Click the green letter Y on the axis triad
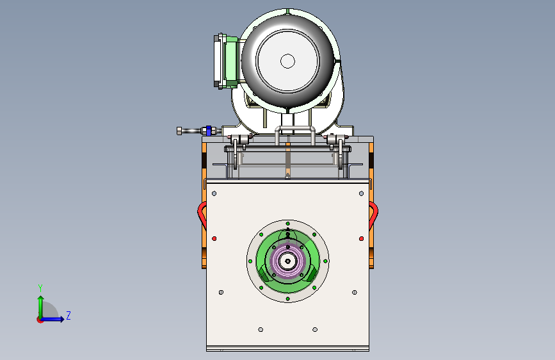[40, 288]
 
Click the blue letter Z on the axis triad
[68, 315]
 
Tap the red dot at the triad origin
[40, 320]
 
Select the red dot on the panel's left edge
[214, 238]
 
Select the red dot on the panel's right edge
[362, 238]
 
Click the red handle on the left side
[201, 214]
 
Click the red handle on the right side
[374, 214]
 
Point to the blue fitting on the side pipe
[209, 131]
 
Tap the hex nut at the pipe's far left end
[179, 131]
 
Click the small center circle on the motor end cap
[288, 61]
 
